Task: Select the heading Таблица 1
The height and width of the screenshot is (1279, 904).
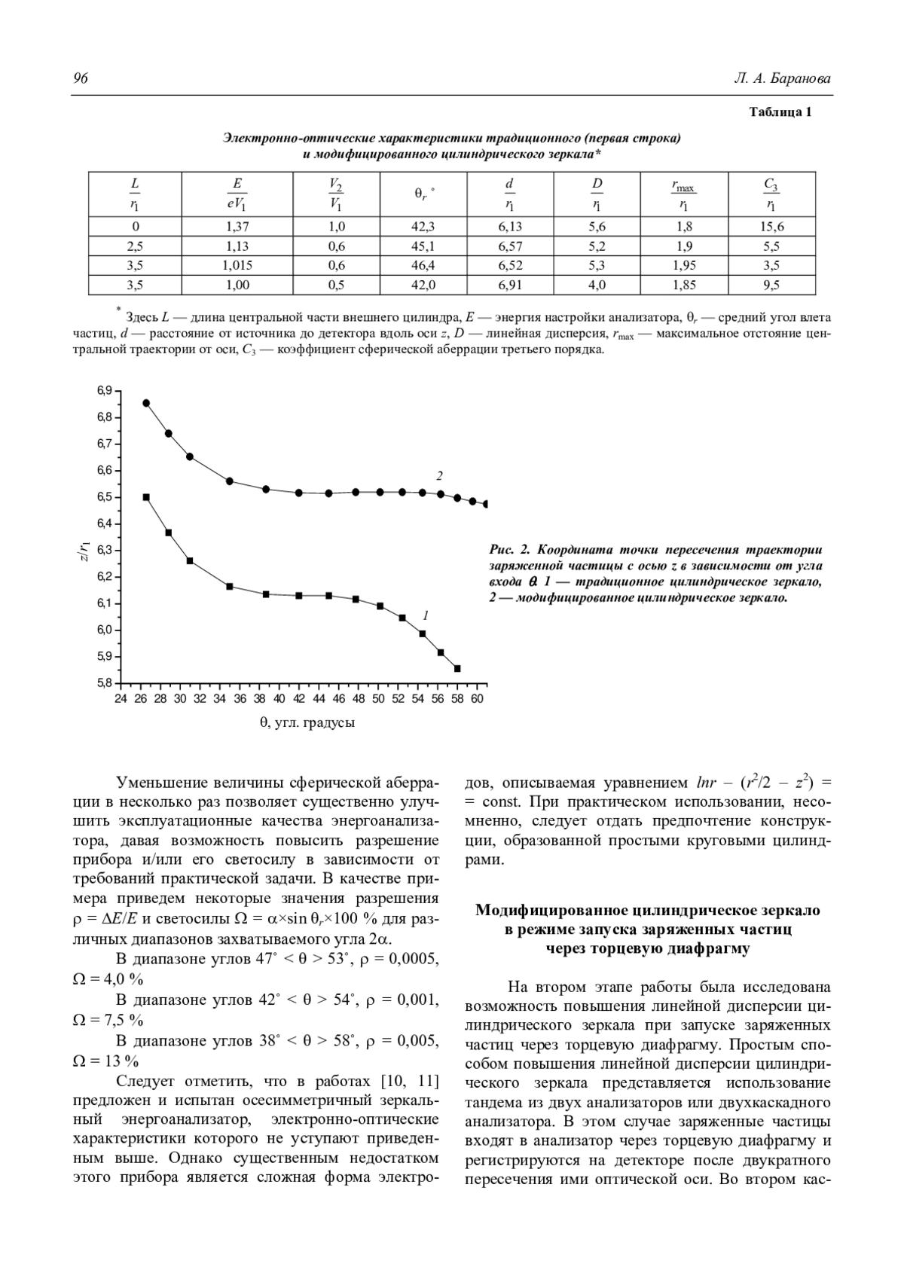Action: coord(780,113)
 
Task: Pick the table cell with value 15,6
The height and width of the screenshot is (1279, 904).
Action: coord(771,227)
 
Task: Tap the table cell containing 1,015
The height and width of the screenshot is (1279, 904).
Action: coord(237,266)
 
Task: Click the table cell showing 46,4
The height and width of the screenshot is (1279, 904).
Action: coord(424,266)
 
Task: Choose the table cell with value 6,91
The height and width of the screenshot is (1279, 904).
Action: coord(510,285)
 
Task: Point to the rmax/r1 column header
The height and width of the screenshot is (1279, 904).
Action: coord(683,195)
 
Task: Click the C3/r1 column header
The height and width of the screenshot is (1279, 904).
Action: coord(771,195)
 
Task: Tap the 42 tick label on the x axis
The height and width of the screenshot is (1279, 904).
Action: coord(299,699)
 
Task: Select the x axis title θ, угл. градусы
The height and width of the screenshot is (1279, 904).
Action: coord(307,723)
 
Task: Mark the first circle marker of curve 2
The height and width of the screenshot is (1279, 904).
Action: coord(146,403)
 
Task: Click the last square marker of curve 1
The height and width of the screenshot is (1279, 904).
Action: coord(457,668)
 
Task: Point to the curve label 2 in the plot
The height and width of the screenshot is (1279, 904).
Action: coord(439,476)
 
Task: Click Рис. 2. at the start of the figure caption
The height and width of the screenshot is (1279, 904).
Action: coord(507,550)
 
